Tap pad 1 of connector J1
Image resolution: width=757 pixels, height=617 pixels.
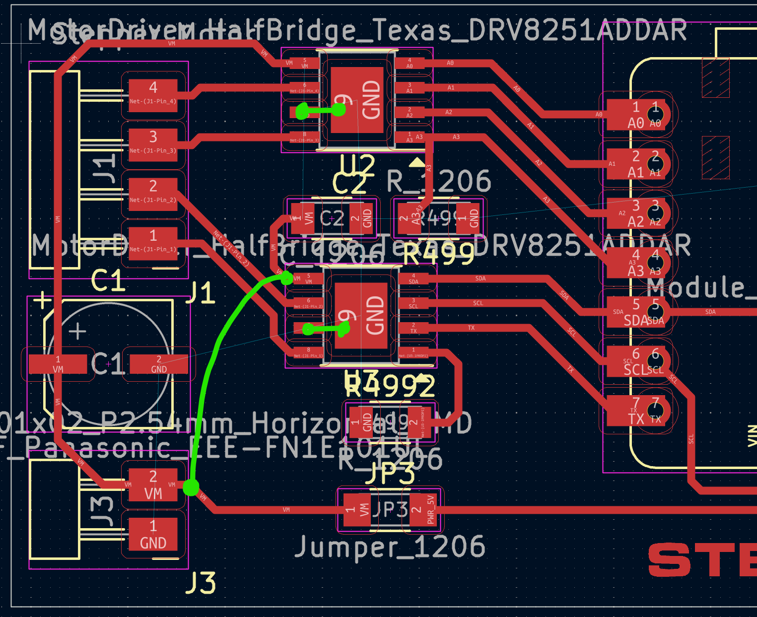(153, 243)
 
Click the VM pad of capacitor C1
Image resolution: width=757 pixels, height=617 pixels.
(58, 364)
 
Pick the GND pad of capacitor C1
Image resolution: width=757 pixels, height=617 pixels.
(158, 364)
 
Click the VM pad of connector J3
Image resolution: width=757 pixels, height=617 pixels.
(153, 485)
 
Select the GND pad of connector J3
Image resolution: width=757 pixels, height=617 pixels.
(153, 535)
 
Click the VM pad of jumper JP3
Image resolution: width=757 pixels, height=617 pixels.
(357, 510)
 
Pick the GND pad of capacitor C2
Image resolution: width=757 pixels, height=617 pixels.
(361, 218)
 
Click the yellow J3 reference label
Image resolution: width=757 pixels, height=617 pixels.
(201, 583)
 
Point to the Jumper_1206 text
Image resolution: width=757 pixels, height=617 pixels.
(390, 547)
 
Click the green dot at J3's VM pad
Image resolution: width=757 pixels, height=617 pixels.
(191, 487)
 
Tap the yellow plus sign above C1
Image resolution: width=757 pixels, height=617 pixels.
(43, 300)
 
